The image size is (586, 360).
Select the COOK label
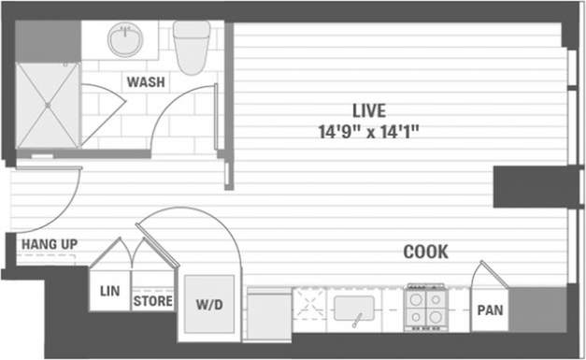425,252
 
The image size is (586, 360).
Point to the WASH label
146,82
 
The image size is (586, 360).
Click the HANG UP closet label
50,244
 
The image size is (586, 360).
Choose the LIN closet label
108,291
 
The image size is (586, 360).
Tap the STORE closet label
152,301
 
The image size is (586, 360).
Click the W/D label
208,305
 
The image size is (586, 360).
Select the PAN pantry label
488,310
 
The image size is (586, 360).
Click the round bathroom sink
125,40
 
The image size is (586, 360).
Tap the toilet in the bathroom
191,45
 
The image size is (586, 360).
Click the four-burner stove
426,306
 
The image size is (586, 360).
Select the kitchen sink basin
354,307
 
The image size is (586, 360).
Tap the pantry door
488,278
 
